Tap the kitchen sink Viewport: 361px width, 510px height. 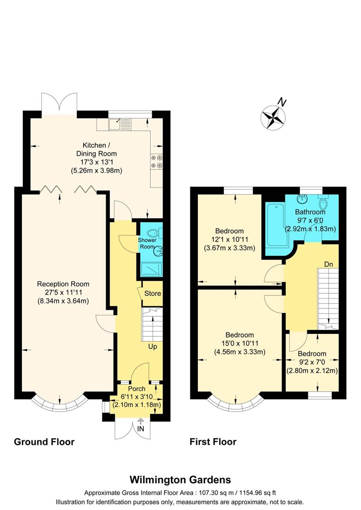coord(115,125)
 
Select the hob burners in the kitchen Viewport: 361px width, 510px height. coord(156,161)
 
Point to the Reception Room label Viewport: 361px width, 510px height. coord(63,284)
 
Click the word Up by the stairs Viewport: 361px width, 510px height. coord(153,347)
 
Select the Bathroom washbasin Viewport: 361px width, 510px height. coord(301,201)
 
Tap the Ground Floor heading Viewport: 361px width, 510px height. coord(44,442)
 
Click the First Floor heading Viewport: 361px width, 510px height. coord(213,442)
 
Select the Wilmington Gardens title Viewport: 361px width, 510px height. coord(180,480)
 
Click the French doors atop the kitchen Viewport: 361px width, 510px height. coord(60,103)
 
